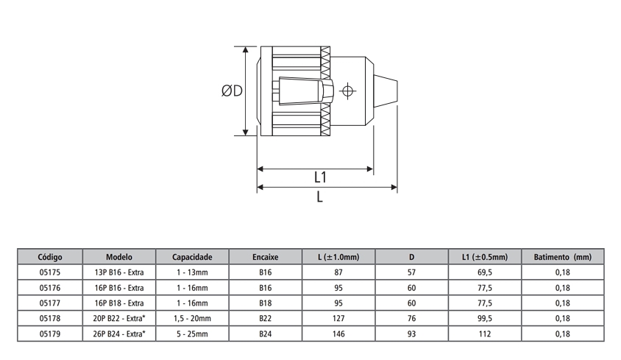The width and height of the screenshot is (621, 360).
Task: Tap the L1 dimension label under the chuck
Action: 320,178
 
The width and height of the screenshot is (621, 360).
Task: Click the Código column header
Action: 49,258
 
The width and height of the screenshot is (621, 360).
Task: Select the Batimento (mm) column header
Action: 562,258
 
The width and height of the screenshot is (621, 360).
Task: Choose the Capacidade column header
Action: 192,258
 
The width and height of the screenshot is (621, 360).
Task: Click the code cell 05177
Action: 49,303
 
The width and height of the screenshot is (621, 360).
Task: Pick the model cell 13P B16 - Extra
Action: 118,272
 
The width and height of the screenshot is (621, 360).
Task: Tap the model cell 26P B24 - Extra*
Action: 120,333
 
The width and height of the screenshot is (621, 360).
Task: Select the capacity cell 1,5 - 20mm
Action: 192,318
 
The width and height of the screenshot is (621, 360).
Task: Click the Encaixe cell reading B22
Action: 266,318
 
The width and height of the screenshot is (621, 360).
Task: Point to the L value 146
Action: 338,333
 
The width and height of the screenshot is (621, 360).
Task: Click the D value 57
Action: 412,272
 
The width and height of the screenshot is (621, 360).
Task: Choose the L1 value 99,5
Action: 485,318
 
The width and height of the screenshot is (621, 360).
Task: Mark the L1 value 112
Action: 485,333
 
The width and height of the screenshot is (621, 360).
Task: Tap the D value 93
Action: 412,333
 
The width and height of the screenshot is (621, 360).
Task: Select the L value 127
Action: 338,318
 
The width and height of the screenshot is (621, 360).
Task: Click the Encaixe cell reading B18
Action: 266,303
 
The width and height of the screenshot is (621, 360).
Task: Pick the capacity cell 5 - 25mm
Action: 192,333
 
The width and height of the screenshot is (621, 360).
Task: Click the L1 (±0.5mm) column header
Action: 485,258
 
